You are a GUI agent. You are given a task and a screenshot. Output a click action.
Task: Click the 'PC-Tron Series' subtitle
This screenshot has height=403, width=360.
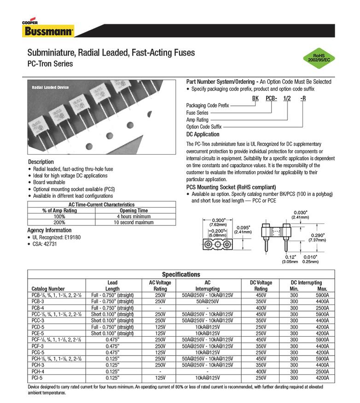pyautogui.click(x=51, y=64)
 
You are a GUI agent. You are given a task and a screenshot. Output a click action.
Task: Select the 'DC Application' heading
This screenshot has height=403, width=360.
pyautogui.click(x=203, y=134)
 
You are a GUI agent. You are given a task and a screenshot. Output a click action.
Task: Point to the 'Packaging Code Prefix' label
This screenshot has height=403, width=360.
pyautogui.click(x=208, y=105)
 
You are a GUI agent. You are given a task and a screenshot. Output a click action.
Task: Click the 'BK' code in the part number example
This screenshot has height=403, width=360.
pyautogui.click(x=255, y=98)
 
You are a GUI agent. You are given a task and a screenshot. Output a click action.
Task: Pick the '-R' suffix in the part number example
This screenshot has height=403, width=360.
pyautogui.click(x=302, y=98)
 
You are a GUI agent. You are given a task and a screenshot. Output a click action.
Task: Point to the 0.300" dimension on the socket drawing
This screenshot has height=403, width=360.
pyautogui.click(x=217, y=220)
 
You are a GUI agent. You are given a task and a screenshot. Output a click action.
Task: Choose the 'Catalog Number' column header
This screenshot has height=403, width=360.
pyautogui.click(x=48, y=289)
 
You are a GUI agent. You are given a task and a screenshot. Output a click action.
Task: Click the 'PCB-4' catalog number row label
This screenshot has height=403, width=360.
pyautogui.click(x=38, y=307)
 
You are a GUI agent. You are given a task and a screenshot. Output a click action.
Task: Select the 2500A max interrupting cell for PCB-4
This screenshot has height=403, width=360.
pyautogui.click(x=322, y=307)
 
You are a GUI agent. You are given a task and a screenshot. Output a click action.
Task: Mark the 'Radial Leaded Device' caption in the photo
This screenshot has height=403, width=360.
pyautogui.click(x=50, y=87)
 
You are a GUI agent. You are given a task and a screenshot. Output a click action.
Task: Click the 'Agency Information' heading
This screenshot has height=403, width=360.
pyautogui.click(x=50, y=230)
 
